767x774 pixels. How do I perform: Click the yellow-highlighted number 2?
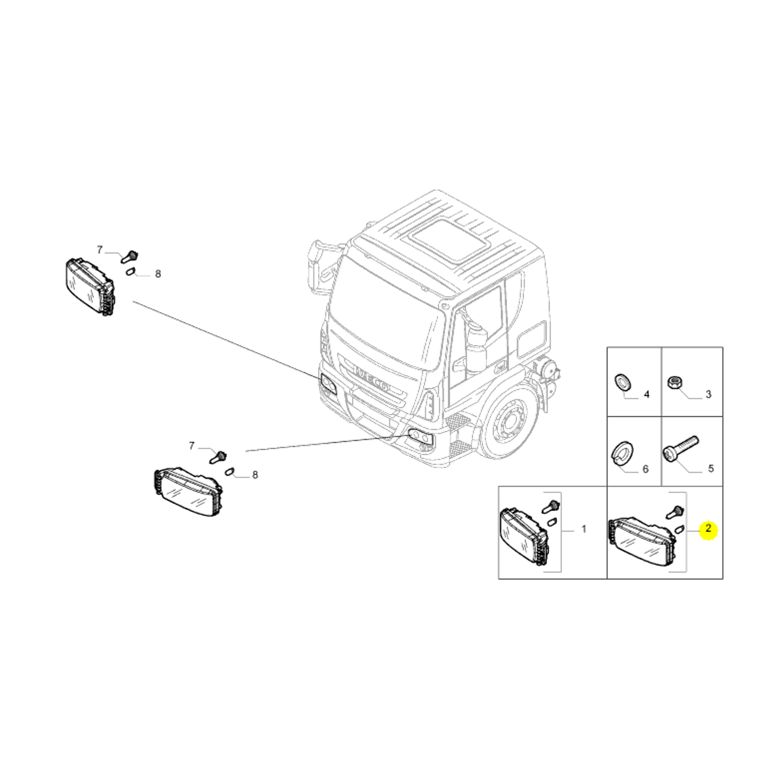pos(708,529)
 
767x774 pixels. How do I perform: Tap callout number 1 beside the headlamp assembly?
pos(584,529)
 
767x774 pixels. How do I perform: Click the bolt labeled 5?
pos(681,447)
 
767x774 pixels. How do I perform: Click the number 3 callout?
pos(708,395)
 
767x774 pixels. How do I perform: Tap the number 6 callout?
pos(645,469)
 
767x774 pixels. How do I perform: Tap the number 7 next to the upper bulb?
pos(100,250)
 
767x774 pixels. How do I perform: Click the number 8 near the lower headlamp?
pos(255,475)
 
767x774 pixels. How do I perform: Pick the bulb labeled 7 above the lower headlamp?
pos(218,456)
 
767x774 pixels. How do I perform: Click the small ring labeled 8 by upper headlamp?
pos(131,271)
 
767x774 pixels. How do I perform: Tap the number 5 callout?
pos(710,469)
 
